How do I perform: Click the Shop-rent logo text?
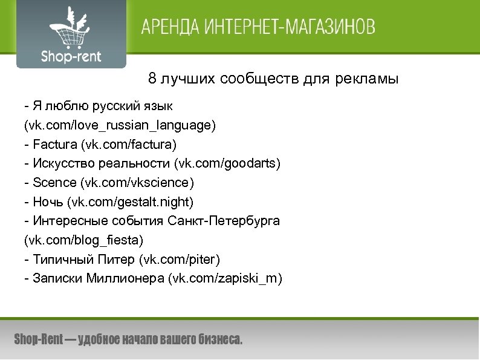[71, 57]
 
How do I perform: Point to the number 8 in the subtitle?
[152, 79]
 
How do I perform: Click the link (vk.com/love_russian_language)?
[120, 126]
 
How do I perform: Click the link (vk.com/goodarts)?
[227, 164]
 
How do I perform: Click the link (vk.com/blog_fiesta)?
[83, 240]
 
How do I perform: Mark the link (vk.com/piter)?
[180, 260]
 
